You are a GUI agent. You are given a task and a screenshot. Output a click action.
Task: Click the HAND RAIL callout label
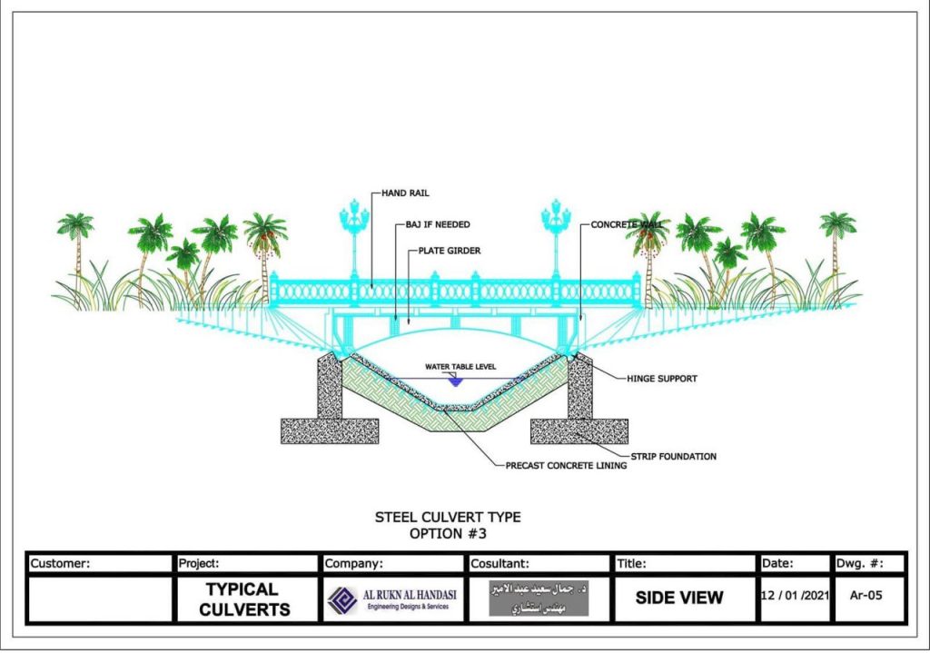click(x=407, y=193)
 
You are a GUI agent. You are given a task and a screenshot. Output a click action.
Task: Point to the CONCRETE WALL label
click(x=625, y=223)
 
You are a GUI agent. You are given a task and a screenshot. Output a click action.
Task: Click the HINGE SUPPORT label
click(x=662, y=379)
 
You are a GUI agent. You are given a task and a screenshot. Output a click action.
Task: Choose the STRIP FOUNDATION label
click(x=673, y=456)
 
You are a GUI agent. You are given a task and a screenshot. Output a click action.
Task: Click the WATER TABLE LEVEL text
click(x=461, y=368)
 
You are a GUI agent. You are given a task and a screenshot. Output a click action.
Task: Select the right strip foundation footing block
click(x=579, y=430)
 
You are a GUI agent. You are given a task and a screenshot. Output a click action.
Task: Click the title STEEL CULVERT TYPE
click(x=449, y=517)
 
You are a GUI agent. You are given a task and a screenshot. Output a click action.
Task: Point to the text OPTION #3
click(x=449, y=533)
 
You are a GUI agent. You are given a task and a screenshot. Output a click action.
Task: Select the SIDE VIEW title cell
click(x=678, y=598)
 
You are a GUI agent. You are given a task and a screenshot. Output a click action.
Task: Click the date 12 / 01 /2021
click(x=794, y=596)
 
